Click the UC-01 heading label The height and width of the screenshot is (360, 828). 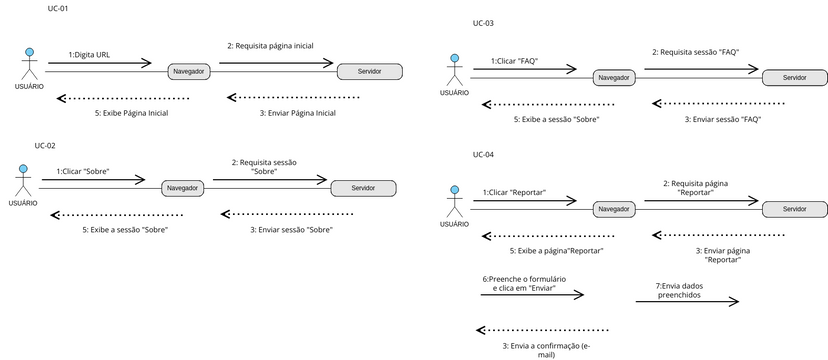point(58,8)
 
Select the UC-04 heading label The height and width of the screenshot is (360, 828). point(483,155)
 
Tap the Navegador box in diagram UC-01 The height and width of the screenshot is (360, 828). point(189,72)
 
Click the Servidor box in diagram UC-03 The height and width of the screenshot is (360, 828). point(794,77)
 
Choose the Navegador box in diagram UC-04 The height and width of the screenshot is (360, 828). point(613,208)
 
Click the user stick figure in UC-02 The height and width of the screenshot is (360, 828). point(23,183)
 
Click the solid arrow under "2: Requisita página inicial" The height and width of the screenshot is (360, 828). point(276,63)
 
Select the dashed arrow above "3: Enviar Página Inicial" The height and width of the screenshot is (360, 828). point(293,97)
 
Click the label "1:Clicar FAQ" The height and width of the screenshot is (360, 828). point(515,61)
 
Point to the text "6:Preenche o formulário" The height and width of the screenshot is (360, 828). point(524,277)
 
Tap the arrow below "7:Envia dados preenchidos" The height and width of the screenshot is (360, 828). point(686,301)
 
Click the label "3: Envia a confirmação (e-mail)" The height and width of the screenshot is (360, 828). point(546,349)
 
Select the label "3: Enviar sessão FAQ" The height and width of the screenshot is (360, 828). point(722,119)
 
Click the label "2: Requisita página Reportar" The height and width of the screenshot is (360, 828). point(694,188)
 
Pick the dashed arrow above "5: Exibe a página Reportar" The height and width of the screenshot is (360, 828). point(542,235)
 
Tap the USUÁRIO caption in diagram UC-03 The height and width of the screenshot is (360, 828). point(454,93)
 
